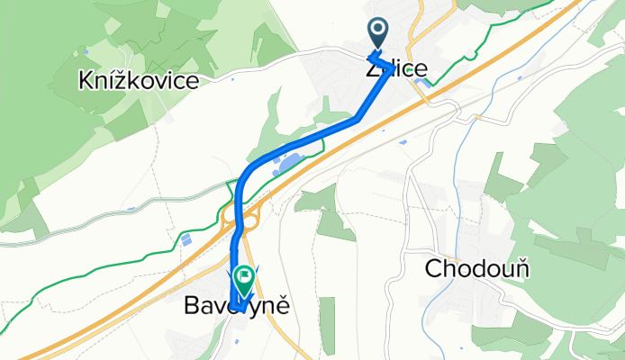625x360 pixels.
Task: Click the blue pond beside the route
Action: [289, 162]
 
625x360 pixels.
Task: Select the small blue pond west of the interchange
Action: [186, 239]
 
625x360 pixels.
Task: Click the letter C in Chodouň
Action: [432, 268]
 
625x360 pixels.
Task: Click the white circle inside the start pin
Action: [377, 31]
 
